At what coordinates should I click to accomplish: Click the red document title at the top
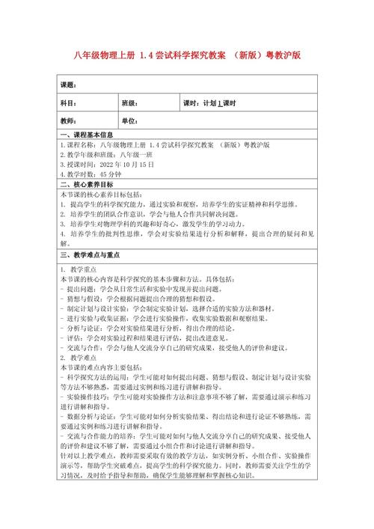point(187,55)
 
